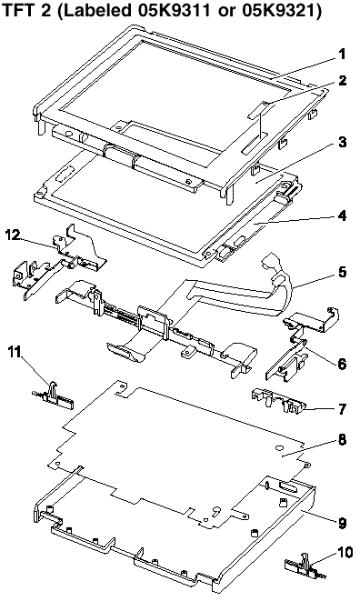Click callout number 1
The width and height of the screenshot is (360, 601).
(x=342, y=54)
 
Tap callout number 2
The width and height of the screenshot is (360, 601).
(x=343, y=81)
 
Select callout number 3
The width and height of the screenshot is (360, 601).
(x=343, y=142)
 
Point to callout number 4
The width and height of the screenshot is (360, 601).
(x=343, y=215)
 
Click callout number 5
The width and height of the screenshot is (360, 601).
(x=343, y=272)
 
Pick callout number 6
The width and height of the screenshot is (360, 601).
(x=342, y=363)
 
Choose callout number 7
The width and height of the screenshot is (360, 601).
(x=343, y=409)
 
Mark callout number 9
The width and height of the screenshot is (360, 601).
(x=343, y=523)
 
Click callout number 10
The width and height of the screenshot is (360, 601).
(x=345, y=552)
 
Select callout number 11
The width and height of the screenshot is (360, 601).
(x=16, y=352)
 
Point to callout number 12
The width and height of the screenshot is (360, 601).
(x=13, y=235)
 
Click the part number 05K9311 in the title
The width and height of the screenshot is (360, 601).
(x=176, y=10)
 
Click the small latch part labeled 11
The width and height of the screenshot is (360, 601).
(x=53, y=396)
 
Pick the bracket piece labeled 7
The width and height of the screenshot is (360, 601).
(x=278, y=400)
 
